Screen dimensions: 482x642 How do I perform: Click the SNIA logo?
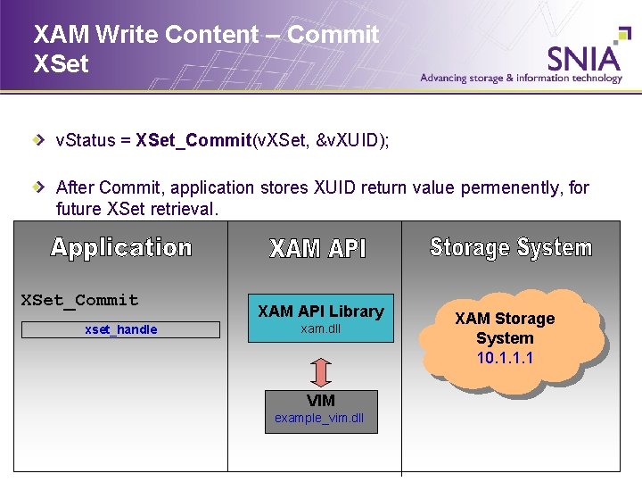pos(584,57)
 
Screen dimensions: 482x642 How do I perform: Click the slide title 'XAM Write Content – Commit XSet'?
pos(205,48)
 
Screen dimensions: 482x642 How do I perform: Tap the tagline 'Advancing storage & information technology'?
pos(521,79)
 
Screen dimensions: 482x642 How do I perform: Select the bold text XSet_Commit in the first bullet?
pos(193,140)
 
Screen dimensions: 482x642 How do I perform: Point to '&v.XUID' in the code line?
pos(352,140)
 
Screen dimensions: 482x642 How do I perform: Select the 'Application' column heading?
pos(121,247)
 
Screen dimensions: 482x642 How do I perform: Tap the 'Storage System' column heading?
pos(511,247)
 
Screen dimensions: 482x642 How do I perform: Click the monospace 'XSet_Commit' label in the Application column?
pos(80,300)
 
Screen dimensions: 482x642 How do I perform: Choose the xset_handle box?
pos(120,329)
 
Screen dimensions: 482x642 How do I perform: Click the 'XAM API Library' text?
pos(320,311)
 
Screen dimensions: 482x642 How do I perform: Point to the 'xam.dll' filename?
pos(320,329)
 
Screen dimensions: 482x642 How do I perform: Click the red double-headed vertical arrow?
pos(321,372)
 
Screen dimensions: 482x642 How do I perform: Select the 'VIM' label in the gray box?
pos(321,401)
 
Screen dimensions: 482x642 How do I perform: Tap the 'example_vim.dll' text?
pos(320,419)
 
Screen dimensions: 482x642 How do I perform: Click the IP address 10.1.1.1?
pos(505,358)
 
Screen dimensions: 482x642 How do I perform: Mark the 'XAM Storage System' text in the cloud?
pos(505,328)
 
